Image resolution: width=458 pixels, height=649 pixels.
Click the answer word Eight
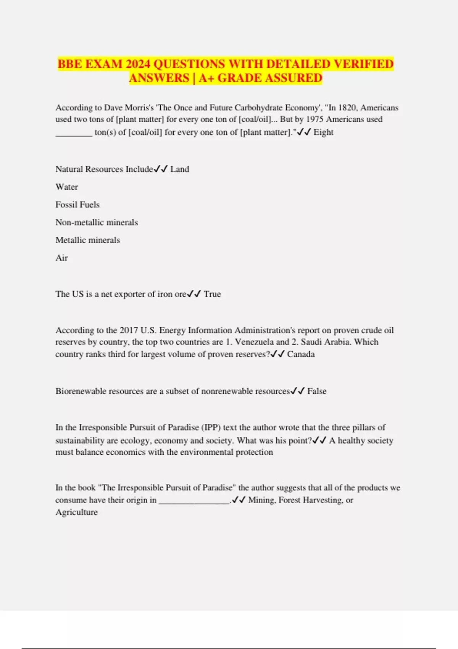[x=323, y=132]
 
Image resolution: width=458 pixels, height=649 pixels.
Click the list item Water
[x=66, y=187]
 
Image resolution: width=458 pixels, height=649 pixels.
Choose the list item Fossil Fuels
[x=77, y=205]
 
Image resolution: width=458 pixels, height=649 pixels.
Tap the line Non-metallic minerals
[x=97, y=222]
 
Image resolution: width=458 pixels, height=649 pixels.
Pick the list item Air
[x=61, y=258]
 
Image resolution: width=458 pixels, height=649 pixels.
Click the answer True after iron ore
[x=212, y=294]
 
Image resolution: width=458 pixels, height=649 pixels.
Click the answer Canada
[x=301, y=354]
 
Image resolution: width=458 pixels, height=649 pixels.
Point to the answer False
[x=317, y=391]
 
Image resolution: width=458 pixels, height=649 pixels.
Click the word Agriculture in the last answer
[x=76, y=512]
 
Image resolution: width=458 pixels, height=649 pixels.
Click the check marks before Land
[x=161, y=169]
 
